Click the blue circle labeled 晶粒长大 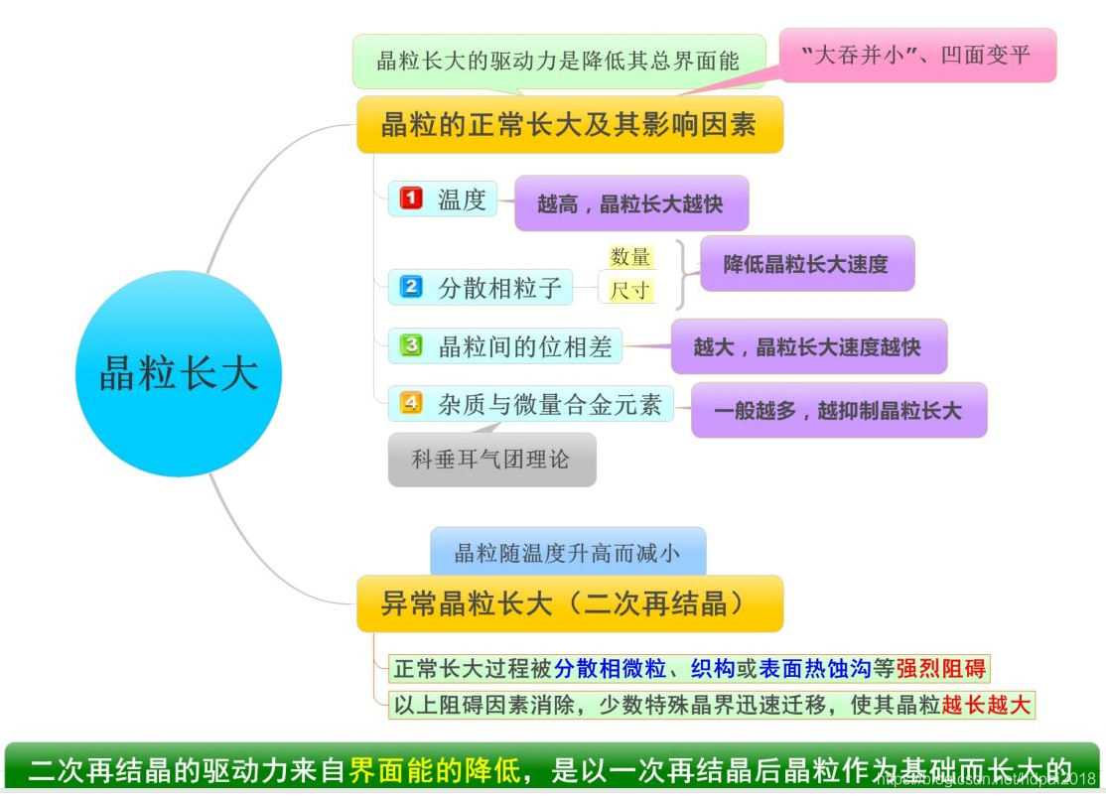coord(179,374)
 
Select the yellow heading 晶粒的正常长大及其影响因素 coord(569,125)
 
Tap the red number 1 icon coord(411,199)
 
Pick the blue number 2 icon coord(411,288)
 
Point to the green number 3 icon coord(411,345)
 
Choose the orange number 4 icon coord(411,403)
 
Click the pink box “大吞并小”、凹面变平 coord(917,56)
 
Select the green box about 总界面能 coord(558,61)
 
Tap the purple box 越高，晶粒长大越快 coord(630,204)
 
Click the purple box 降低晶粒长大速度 coord(806,264)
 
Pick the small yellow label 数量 coord(630,257)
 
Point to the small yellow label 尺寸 coord(630,290)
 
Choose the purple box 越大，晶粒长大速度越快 coord(808,347)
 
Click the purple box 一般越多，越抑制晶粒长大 coord(839,410)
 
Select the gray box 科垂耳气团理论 coord(491,460)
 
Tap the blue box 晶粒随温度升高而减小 coord(568,552)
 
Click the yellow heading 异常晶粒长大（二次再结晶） coord(569,603)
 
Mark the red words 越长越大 coord(987,706)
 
